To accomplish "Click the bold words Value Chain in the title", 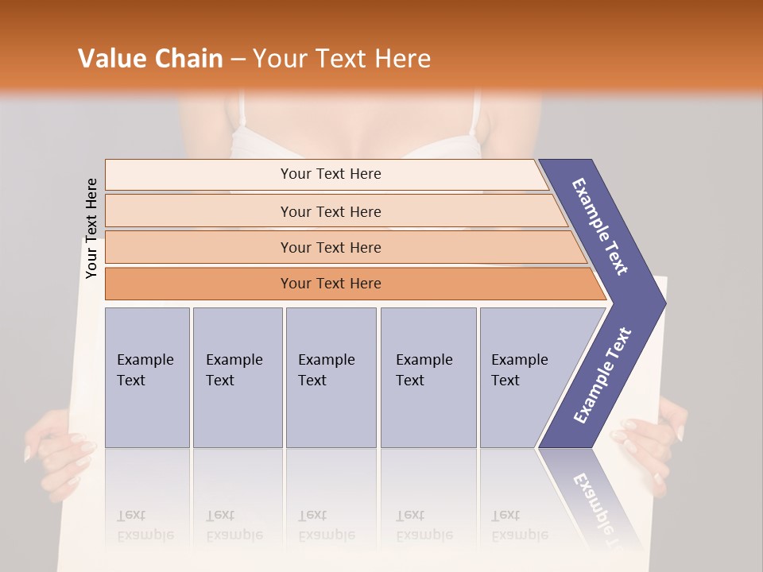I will click(x=150, y=59).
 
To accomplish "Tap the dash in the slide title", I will click(x=238, y=59).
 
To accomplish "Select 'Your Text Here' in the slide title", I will click(x=342, y=59).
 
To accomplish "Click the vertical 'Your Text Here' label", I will click(x=91, y=228).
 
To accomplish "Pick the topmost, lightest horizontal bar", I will click(x=330, y=174).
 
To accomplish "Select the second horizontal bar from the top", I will click(x=330, y=211).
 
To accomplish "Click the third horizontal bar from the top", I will click(x=330, y=247).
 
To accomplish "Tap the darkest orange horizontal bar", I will click(x=330, y=284).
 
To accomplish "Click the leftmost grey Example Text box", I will click(x=147, y=377).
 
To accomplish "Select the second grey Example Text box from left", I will click(x=237, y=377).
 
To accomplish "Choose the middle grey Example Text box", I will click(x=331, y=377).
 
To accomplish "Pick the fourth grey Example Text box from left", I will click(x=428, y=377).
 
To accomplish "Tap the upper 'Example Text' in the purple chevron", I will click(x=600, y=226).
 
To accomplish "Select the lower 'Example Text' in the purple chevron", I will click(x=602, y=375).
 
